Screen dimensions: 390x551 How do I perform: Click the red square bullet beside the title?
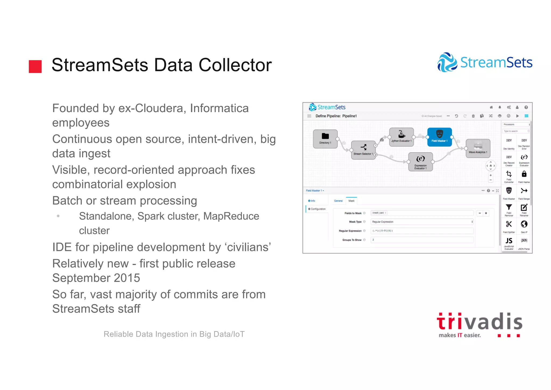[x=35, y=67]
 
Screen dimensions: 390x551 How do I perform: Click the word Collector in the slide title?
[x=235, y=65]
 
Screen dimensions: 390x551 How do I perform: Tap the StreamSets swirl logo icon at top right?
[x=447, y=62]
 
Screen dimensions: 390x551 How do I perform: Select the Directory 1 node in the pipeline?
[x=325, y=139]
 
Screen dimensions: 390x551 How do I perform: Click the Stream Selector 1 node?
[x=363, y=150]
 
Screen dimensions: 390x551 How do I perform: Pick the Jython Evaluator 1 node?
[x=401, y=137]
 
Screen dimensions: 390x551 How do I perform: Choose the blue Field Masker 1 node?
[x=439, y=137]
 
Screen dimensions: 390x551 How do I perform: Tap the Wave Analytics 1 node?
[x=478, y=148]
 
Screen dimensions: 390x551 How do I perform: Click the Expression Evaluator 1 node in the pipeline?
[x=420, y=161]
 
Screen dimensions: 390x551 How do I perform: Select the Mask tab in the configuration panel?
[x=351, y=201]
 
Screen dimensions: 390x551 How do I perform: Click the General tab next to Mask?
[x=338, y=201]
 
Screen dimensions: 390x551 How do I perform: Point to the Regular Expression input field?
[x=422, y=231]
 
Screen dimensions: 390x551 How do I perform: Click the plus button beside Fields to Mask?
[x=486, y=213]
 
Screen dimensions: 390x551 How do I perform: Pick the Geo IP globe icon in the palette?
[x=524, y=224]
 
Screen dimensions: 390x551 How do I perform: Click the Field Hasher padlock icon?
[x=524, y=174]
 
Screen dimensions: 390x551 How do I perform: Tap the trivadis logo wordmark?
[x=479, y=322]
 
